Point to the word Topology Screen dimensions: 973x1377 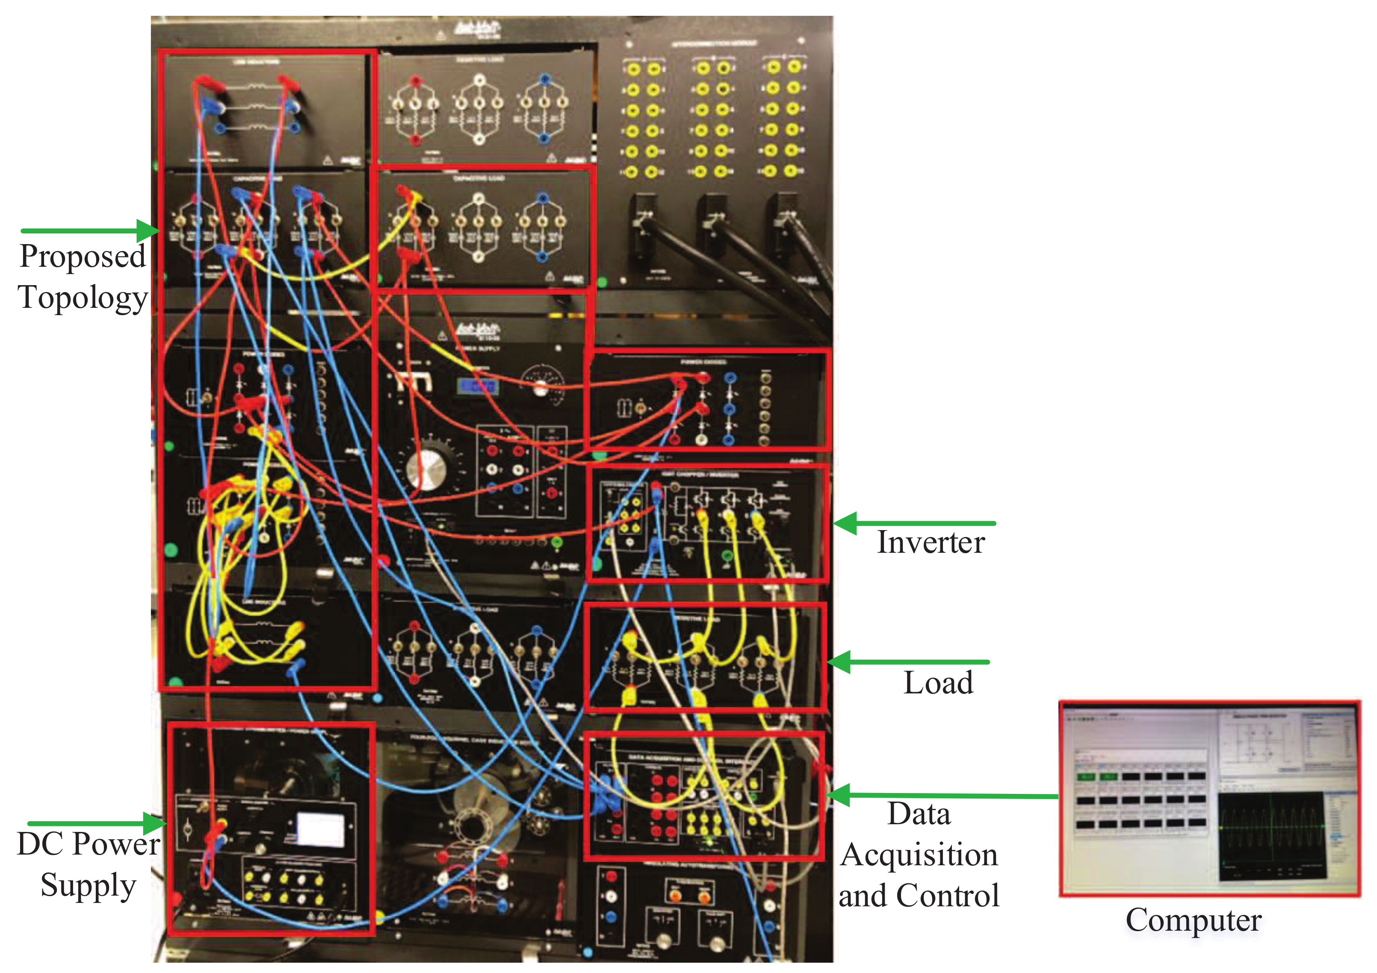pyautogui.click(x=83, y=298)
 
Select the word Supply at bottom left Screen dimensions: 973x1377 pyautogui.click(x=88, y=885)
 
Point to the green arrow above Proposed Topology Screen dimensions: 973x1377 pyautogui.click(x=90, y=231)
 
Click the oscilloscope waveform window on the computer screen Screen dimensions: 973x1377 pyautogui.click(x=1271, y=836)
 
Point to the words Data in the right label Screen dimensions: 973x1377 pyautogui.click(x=919, y=814)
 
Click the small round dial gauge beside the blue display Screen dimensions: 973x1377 pyautogui.click(x=541, y=382)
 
